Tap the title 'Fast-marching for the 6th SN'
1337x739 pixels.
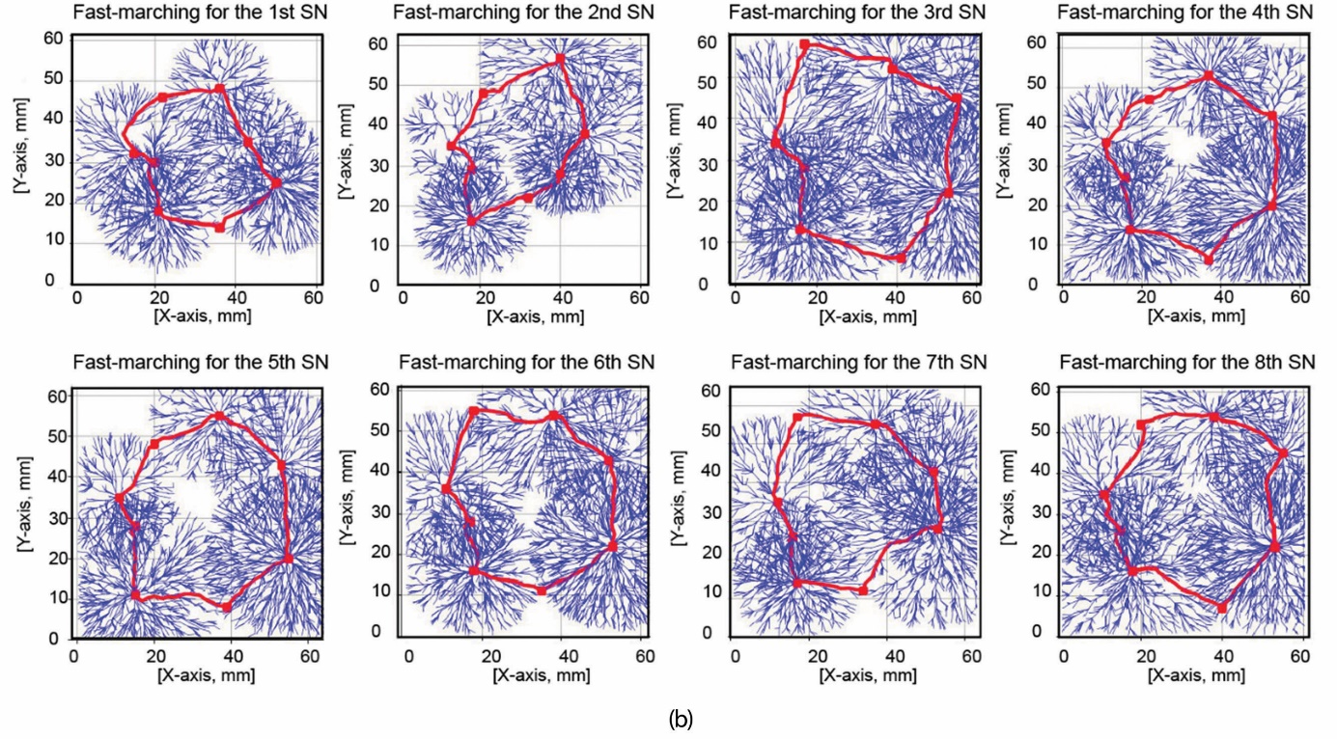(526, 362)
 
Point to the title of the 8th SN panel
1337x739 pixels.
(1186, 362)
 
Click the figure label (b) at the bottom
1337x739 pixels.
(680, 719)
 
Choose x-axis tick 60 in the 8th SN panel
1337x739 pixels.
(1299, 655)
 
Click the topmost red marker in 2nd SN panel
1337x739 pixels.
(561, 59)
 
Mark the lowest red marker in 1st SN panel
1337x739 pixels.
(219, 227)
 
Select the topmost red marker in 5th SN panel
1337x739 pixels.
(219, 416)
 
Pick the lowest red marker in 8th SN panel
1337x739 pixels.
(1222, 608)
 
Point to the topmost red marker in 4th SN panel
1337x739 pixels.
(1209, 74)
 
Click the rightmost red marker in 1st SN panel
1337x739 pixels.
(276, 183)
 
